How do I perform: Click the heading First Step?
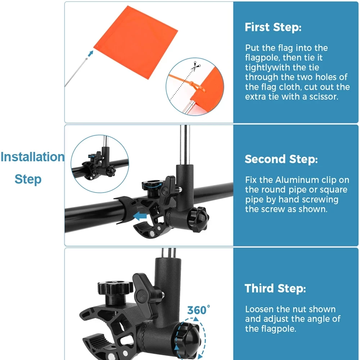pyautogui.click(x=273, y=27)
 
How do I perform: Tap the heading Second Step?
pyautogui.click(x=281, y=159)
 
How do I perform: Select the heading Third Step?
pyautogui.click(x=275, y=288)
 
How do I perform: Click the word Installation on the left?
pyautogui.click(x=32, y=157)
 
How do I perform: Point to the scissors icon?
pyautogui.click(x=195, y=67)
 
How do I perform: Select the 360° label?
pyautogui.click(x=198, y=310)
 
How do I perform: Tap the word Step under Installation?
pyautogui.click(x=28, y=179)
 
